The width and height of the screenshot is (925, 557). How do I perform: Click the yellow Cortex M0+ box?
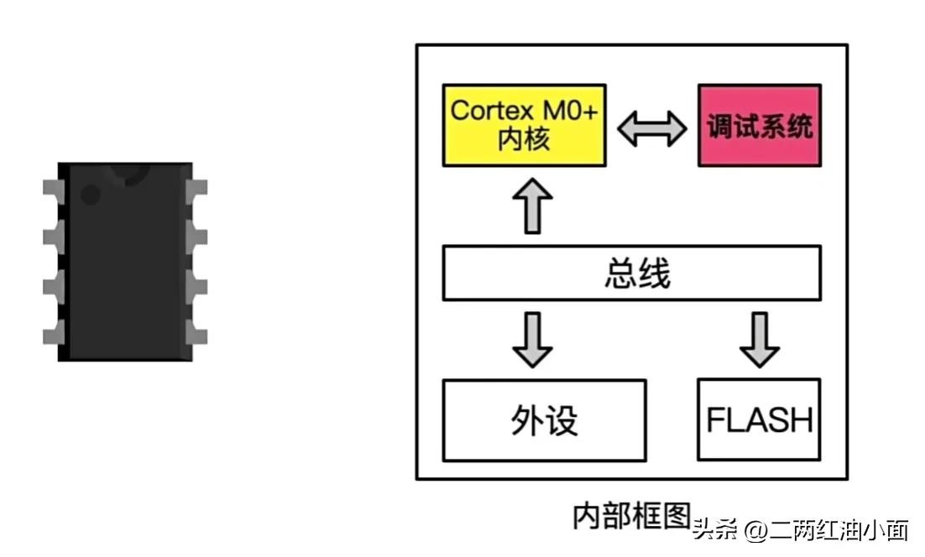coord(524,125)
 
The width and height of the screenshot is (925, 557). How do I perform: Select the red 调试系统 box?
coord(759,126)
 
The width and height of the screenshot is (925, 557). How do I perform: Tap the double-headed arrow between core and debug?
coord(652,128)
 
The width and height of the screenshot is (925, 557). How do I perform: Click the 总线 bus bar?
coord(631,273)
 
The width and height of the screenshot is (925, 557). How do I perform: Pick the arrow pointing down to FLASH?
coord(760,339)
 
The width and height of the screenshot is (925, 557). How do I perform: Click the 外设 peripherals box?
coord(544,420)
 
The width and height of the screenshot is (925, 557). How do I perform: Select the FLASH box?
coord(759,419)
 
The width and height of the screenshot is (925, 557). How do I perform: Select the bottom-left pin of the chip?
coord(54,336)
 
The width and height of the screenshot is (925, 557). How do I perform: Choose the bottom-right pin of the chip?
coord(197,336)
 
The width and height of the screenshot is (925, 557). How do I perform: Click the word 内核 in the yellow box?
coord(523,139)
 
